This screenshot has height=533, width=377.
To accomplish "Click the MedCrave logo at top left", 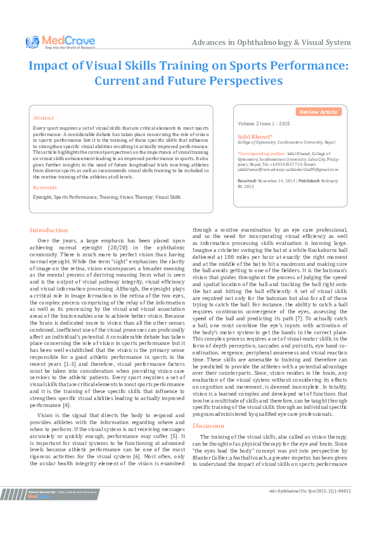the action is (x=61, y=42).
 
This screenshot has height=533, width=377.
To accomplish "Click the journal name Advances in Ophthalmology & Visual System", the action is (x=271, y=42).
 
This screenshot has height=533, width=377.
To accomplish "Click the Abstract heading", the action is (x=43, y=118).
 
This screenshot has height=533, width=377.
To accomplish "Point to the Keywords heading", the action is (x=44, y=187).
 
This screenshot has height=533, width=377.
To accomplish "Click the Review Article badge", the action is (x=318, y=112).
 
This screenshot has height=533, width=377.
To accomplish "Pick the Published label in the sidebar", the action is (x=309, y=181).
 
